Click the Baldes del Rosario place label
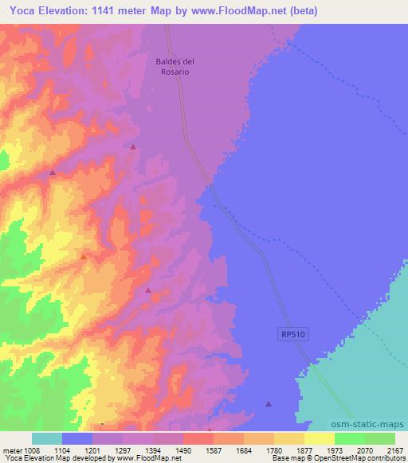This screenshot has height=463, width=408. (173, 65)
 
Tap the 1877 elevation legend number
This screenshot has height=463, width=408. (304, 449)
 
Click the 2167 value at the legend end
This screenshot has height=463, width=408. (393, 449)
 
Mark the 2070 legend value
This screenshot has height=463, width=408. (364, 449)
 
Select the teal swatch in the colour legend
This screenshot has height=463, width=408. (47, 438)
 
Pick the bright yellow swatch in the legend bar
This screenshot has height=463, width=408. (320, 438)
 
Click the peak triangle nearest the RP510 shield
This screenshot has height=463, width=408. (269, 403)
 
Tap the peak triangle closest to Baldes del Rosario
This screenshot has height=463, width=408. (133, 147)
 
